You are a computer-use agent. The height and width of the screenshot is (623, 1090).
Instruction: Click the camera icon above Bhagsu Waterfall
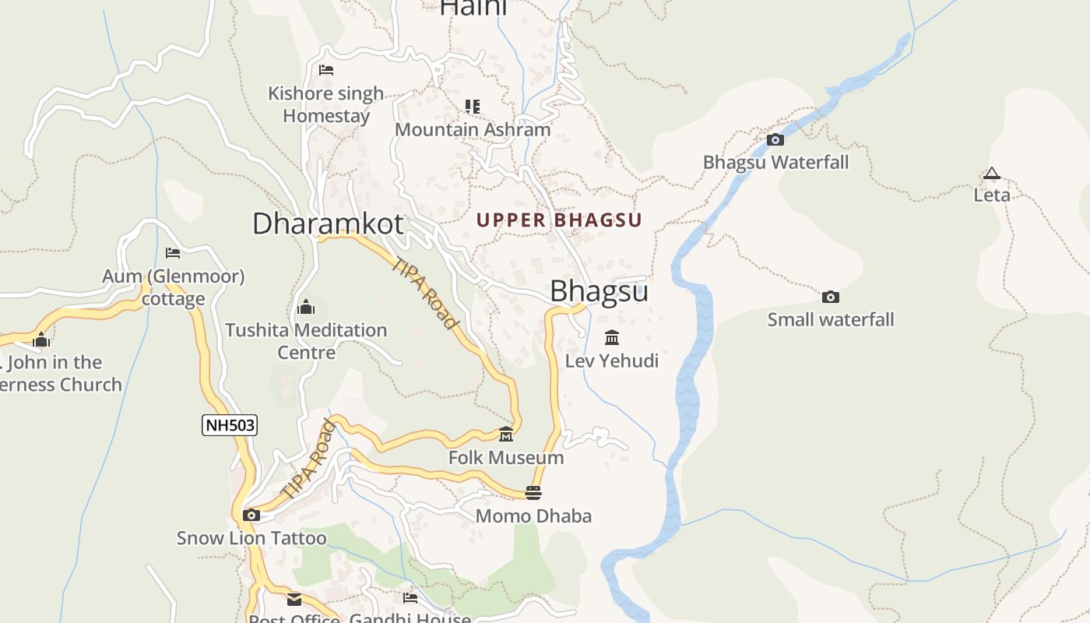tap(775, 140)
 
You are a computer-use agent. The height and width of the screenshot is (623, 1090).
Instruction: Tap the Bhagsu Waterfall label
tap(775, 163)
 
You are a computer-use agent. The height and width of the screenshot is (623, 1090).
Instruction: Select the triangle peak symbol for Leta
tap(991, 174)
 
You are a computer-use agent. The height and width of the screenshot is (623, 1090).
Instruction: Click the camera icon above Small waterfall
tap(831, 297)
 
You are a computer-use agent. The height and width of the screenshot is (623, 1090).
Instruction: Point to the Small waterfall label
tap(831, 319)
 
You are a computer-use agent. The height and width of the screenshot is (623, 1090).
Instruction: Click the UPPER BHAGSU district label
tap(559, 220)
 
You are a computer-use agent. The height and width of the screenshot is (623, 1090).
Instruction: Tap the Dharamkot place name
tap(328, 224)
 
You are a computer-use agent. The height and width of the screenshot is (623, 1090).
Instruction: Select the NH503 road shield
tap(230, 425)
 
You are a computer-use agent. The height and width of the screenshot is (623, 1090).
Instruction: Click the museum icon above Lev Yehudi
tap(612, 338)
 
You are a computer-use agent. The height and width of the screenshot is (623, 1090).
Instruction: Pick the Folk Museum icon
tap(506, 434)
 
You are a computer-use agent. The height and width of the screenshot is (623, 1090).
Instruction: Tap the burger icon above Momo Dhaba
tap(533, 492)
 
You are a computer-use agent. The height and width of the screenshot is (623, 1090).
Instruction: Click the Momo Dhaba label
tap(533, 516)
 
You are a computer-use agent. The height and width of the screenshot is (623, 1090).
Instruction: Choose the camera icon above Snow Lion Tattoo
tap(251, 515)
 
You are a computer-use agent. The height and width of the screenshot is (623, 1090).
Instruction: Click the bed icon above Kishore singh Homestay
tap(326, 70)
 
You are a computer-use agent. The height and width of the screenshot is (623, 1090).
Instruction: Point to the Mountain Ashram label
tap(473, 129)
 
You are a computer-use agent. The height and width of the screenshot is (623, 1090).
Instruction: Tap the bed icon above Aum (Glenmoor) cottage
tap(173, 253)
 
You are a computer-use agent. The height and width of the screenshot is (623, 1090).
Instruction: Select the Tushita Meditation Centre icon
tap(306, 307)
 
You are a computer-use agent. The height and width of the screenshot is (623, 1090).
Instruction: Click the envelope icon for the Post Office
tap(294, 599)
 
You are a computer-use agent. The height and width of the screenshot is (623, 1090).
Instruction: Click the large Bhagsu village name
tap(599, 291)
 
